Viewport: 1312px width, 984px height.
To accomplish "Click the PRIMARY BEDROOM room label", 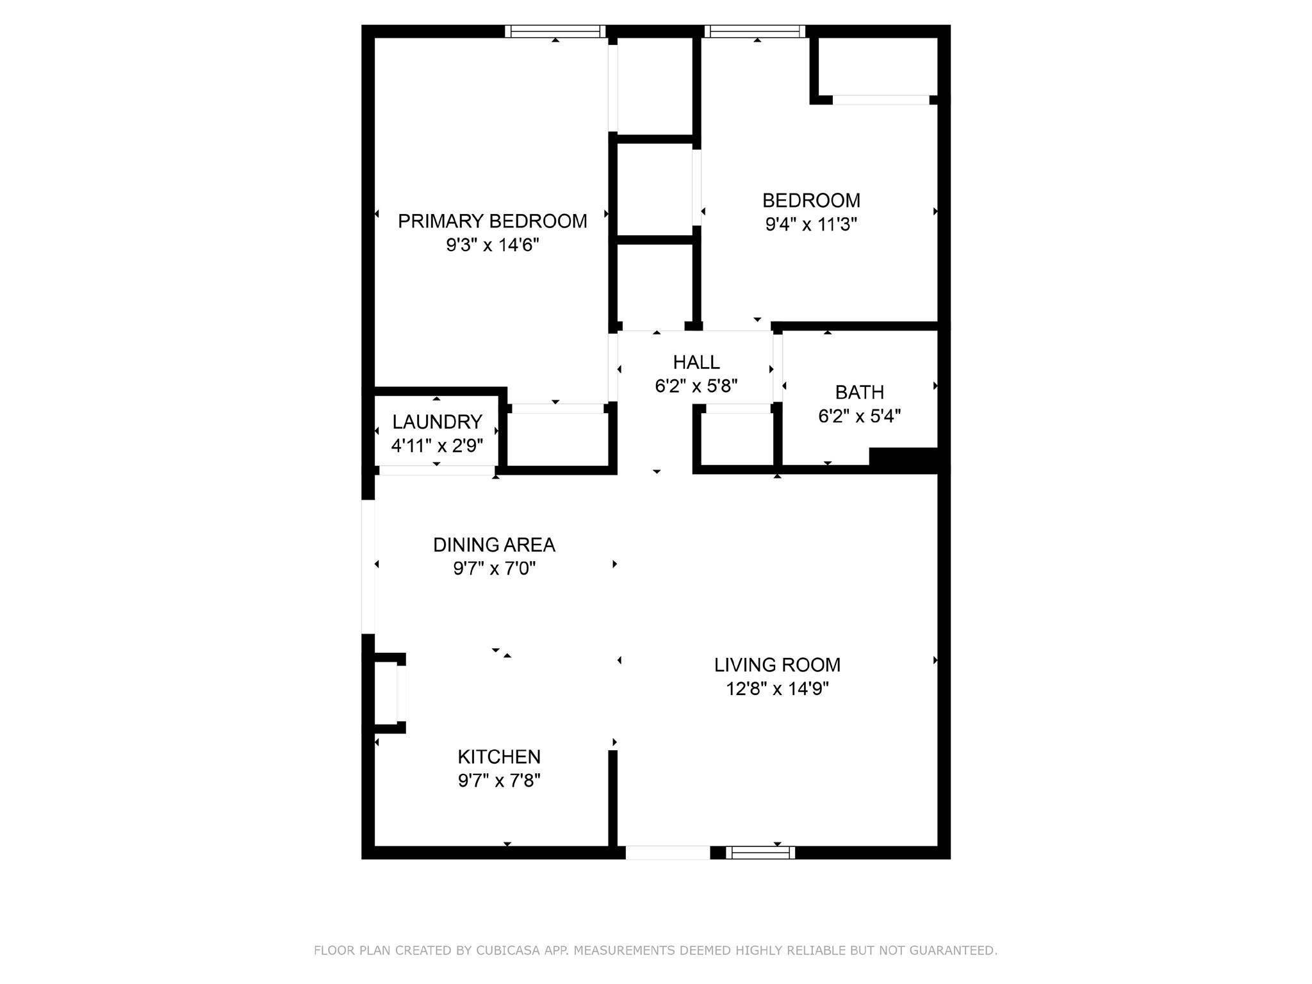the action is tap(492, 221).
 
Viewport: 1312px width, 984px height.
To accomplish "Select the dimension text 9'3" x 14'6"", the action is tap(493, 245).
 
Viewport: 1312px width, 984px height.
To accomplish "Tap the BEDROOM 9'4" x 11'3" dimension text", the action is tap(811, 224).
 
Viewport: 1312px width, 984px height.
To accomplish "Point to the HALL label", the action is tap(696, 363).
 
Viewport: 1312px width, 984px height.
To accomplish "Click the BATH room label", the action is tap(860, 392).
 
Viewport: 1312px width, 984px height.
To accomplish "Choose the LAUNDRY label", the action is tap(437, 422).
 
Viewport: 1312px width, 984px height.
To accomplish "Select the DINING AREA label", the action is tap(494, 545).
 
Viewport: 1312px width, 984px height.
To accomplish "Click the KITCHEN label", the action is tap(499, 757).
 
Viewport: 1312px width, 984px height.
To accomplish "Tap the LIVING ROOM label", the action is tap(777, 665).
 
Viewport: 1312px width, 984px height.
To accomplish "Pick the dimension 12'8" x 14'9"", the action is tap(777, 689).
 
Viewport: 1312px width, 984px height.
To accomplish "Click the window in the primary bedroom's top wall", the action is tap(555, 31).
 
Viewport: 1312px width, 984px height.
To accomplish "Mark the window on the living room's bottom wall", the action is tap(760, 853).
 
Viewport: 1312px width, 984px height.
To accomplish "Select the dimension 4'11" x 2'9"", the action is tap(437, 445).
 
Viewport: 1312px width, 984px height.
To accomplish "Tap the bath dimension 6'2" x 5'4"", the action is tap(860, 416).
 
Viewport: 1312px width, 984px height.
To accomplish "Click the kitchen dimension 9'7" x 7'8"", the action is tap(499, 780).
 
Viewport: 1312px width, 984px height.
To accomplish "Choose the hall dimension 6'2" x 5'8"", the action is tap(696, 386).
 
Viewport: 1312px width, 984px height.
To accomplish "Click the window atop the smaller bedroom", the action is tap(755, 31).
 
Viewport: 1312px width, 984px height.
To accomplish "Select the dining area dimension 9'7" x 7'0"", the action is tap(494, 568).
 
